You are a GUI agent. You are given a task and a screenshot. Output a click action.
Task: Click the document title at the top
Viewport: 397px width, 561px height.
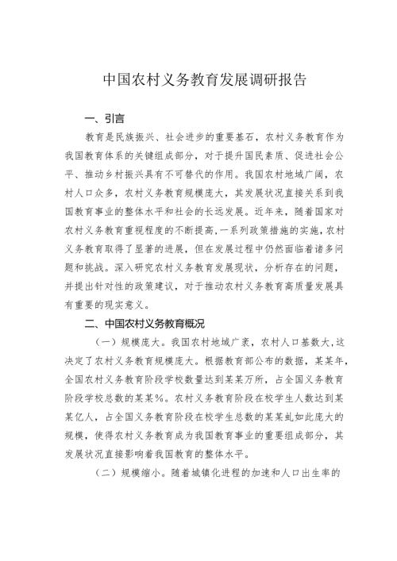tap(198, 81)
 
